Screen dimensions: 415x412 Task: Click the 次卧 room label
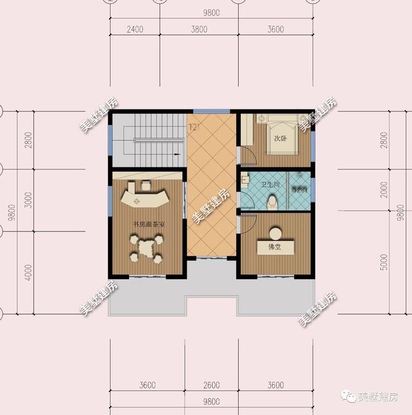(281, 138)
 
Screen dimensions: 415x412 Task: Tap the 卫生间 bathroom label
(270, 186)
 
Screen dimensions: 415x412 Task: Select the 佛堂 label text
(275, 247)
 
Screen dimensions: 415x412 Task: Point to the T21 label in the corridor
(194, 127)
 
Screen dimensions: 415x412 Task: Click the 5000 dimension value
(384, 261)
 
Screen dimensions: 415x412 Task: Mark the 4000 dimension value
(28, 272)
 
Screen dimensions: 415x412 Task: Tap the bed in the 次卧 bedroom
(280, 133)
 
